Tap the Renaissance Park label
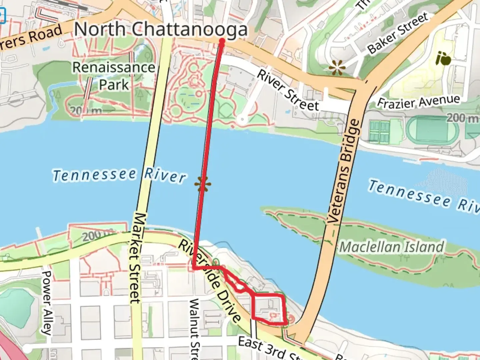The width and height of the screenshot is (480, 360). [114, 76]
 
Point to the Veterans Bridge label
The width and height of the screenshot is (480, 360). [344, 172]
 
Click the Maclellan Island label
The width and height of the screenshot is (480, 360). [392, 247]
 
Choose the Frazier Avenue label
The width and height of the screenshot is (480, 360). [418, 101]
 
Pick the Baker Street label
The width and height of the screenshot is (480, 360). [397, 33]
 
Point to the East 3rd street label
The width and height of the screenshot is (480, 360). [267, 348]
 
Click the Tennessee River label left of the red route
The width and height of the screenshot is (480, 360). [119, 175]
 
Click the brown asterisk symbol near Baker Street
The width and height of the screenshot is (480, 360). [337, 68]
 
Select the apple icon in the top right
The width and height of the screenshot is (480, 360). [443, 59]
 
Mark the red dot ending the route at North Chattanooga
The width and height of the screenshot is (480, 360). [222, 41]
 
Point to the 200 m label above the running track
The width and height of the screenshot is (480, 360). [462, 117]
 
